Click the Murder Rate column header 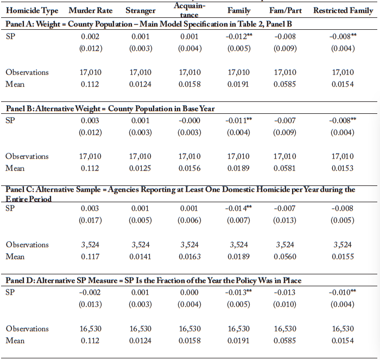(x=91, y=10)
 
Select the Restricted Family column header (x=343, y=10)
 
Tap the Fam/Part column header (x=286, y=10)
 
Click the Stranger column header (x=141, y=10)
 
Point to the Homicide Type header (x=32, y=11)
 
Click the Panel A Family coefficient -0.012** (x=239, y=36)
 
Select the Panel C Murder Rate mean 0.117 (x=90, y=256)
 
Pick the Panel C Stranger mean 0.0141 (x=140, y=256)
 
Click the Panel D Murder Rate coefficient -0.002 (x=90, y=292)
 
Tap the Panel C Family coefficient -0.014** (x=238, y=208)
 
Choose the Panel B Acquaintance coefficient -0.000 (x=189, y=120)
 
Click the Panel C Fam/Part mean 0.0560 (x=285, y=256)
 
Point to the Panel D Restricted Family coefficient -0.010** (x=343, y=292)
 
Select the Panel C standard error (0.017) (x=90, y=220)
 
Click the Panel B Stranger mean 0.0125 (x=140, y=168)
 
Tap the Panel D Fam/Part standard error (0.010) (x=285, y=304)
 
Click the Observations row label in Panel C (x=27, y=245)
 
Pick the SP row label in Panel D (x=10, y=292)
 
